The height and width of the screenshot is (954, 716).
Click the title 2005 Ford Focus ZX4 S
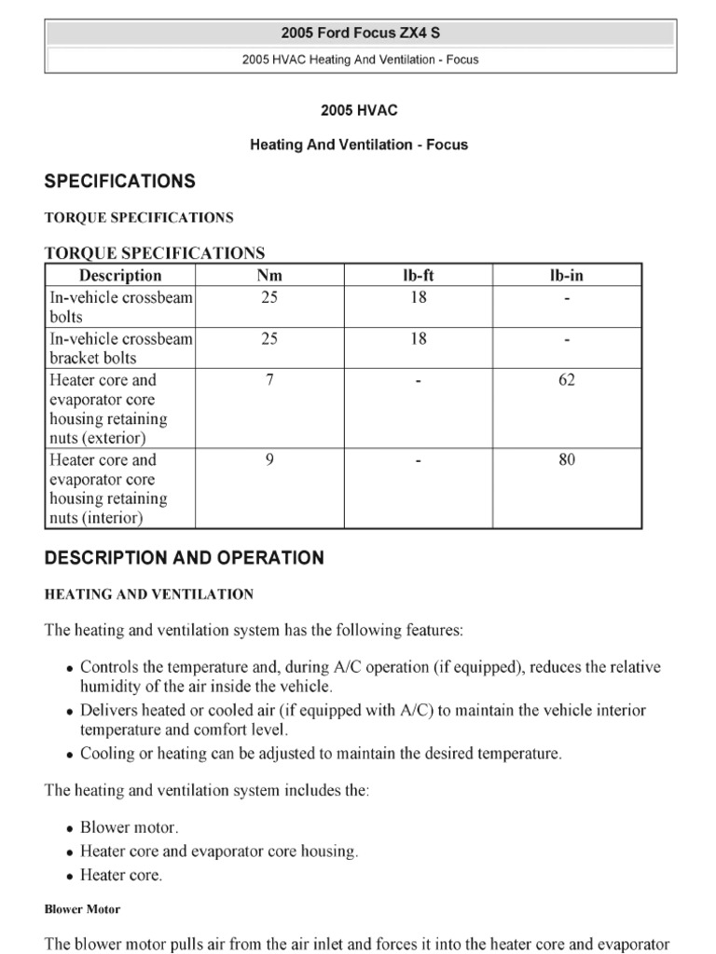359,34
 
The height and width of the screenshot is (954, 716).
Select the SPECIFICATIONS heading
120,181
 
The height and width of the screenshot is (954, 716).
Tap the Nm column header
269,275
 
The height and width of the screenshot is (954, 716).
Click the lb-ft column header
419,275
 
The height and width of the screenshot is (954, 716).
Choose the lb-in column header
567,275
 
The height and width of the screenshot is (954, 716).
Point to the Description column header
120,275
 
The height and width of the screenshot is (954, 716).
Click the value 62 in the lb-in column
567,380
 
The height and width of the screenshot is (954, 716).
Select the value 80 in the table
567,459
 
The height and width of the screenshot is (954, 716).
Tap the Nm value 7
269,380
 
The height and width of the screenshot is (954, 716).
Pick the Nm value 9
269,459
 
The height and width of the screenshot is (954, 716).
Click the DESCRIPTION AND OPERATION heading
185,558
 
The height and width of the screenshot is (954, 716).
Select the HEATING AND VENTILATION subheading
149,594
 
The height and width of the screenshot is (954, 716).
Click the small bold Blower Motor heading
82,909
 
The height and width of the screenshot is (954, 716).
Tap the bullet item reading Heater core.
121,876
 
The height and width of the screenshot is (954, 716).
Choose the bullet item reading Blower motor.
129,827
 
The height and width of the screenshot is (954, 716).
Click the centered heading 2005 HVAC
359,110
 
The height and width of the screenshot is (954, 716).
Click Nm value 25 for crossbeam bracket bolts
269,339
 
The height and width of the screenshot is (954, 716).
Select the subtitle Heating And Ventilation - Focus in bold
359,144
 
